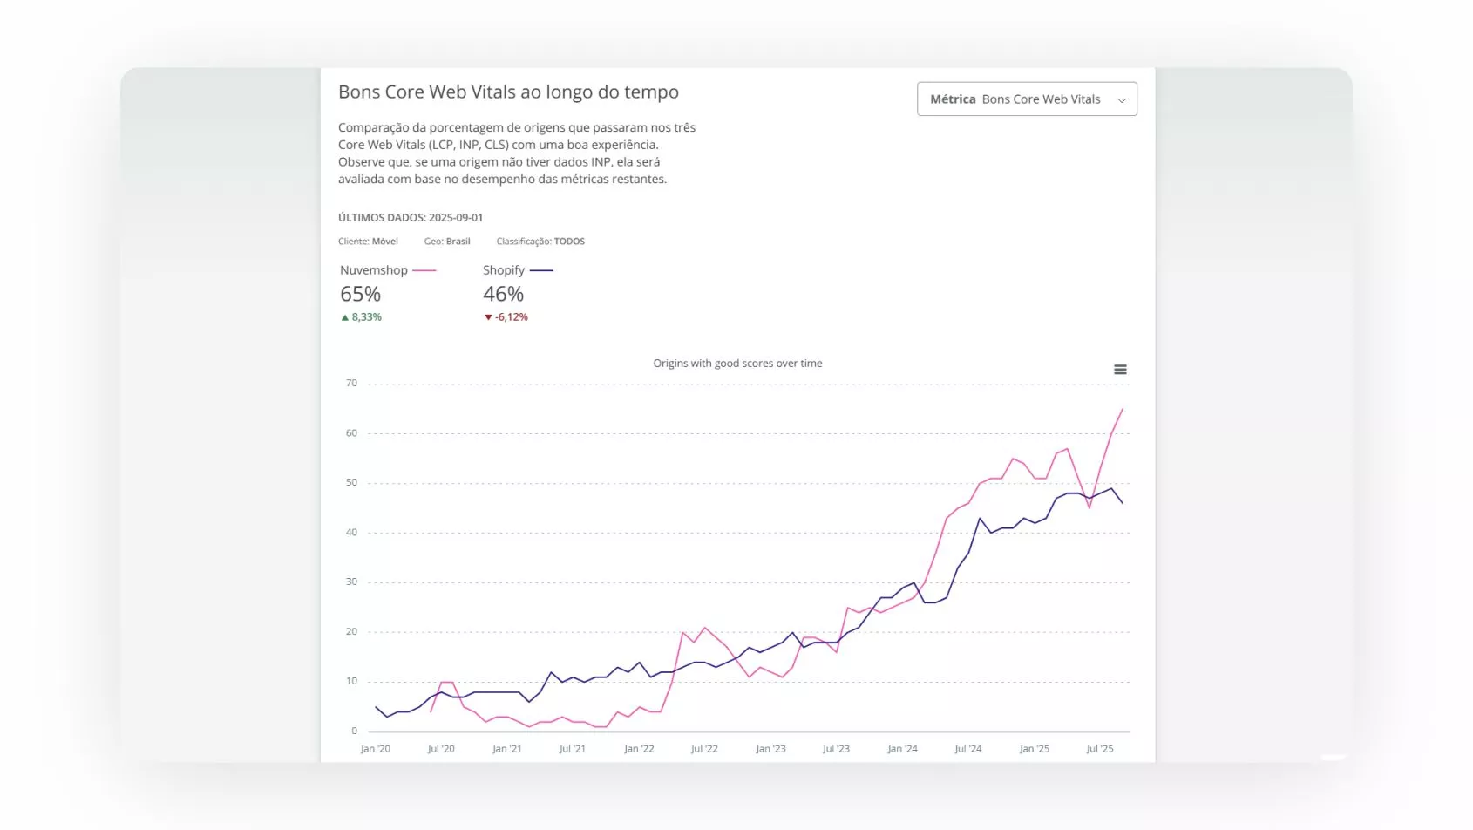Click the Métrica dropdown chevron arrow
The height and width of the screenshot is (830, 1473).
tap(1122, 100)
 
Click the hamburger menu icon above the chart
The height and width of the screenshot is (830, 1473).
tap(1120, 370)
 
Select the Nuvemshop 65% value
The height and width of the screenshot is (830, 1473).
tap(360, 295)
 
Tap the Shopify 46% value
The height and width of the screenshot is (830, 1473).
tap(503, 295)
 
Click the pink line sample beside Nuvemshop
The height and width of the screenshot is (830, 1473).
tap(424, 270)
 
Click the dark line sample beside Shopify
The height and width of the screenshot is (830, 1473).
tap(541, 270)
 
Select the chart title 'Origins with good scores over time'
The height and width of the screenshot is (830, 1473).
tap(737, 364)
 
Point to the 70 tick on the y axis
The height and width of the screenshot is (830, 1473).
tap(351, 383)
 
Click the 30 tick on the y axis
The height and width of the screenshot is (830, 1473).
tap(351, 582)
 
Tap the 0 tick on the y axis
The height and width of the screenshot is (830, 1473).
tap(354, 731)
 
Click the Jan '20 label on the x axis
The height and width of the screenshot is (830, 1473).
tap(376, 749)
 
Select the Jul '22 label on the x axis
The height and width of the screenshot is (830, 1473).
tap(704, 749)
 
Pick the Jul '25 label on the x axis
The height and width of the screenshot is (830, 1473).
tap(1100, 749)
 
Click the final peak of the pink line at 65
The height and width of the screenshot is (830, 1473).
tap(1122, 409)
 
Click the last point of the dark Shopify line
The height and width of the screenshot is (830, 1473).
tap(1122, 503)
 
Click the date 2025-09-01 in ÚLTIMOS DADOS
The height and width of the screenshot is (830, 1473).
tap(455, 218)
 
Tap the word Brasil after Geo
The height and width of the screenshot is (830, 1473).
tap(458, 242)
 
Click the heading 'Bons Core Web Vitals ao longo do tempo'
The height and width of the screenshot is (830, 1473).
tap(508, 92)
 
